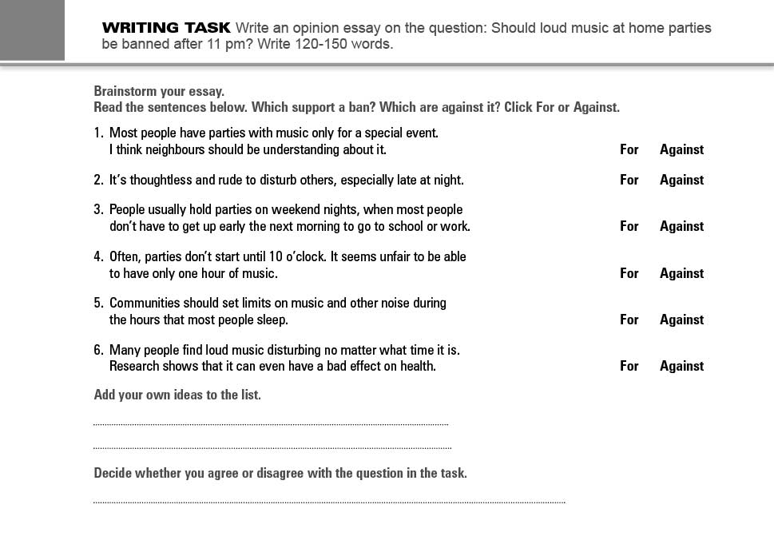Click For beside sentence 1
629,149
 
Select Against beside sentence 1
681,149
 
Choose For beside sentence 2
629,180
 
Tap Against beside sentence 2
681,180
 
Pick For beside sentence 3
629,226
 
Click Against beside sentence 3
681,226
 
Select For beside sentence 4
629,273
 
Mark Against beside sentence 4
681,273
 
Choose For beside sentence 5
629,320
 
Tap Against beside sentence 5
681,320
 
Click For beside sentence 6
629,366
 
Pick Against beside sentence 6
681,366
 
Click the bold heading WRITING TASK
166,28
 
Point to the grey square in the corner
32,30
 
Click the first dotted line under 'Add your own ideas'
271,424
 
